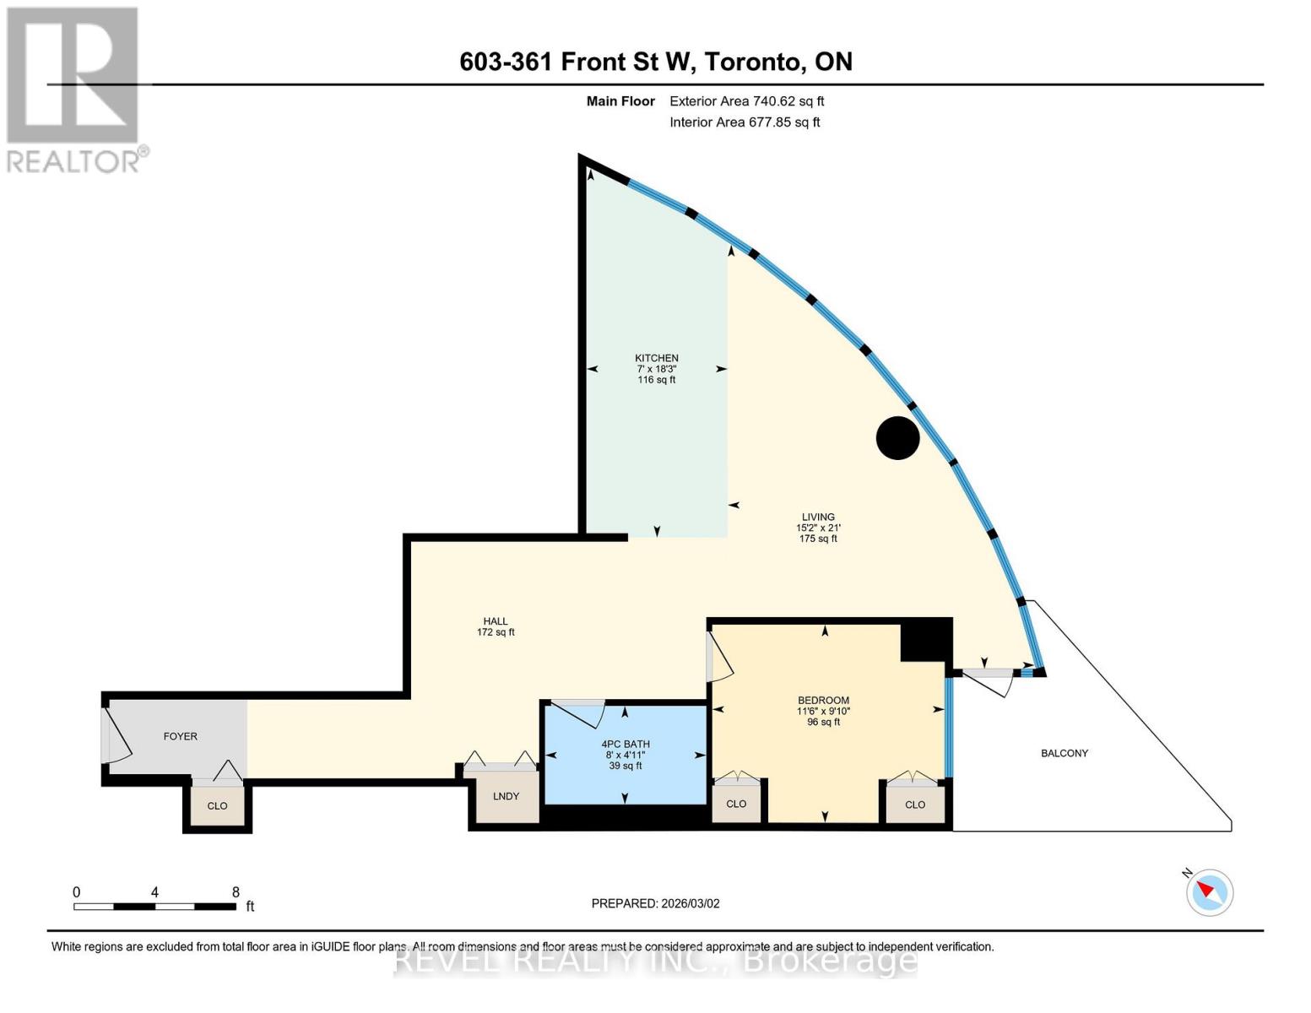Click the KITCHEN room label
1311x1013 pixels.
[657, 359]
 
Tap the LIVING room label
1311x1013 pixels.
[818, 517]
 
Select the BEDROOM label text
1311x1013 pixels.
[823, 701]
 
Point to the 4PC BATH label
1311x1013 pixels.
[626, 745]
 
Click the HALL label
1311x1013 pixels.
[496, 621]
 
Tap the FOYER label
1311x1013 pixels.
[180, 737]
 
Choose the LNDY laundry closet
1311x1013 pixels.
[507, 796]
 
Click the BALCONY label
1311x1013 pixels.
[1065, 753]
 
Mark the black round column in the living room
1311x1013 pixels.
[897, 438]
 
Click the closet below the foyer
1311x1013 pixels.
[217, 806]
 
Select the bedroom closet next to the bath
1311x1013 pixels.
[736, 804]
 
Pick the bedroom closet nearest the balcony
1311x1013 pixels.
[915, 804]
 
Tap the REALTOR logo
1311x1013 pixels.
[74, 89]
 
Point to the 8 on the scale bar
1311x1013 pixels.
[236, 892]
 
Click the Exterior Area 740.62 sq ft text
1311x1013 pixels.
[746, 101]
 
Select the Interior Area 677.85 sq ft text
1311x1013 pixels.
[745, 122]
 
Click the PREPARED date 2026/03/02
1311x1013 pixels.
[655, 903]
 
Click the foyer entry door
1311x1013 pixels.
[115, 734]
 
